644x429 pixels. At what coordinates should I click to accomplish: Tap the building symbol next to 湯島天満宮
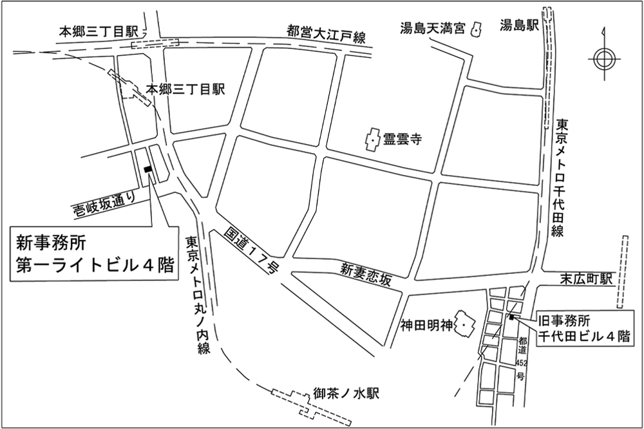point(477,30)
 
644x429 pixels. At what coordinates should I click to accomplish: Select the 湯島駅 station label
point(519,26)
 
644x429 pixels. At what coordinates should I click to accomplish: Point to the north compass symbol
point(605,59)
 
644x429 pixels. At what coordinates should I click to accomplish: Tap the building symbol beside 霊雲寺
point(372,140)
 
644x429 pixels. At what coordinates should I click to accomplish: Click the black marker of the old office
point(511,316)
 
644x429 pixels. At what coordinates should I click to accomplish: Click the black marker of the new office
point(148,169)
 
